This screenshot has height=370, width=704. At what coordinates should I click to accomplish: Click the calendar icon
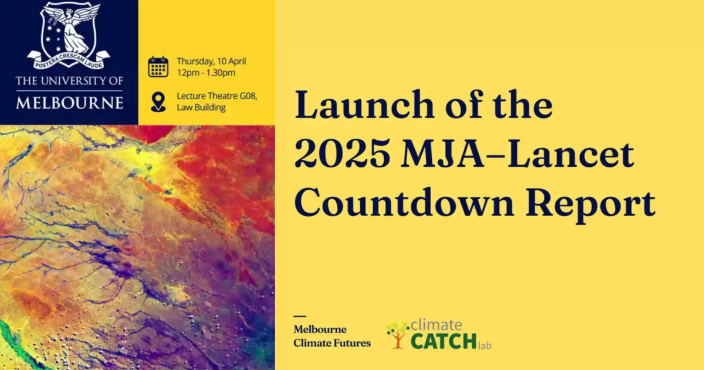tap(158, 67)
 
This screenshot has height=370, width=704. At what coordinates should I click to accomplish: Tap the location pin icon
tap(158, 102)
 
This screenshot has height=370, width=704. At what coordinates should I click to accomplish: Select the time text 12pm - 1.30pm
tap(206, 73)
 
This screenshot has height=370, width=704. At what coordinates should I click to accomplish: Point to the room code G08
tap(248, 96)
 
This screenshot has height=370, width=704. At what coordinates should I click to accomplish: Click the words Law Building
tap(201, 107)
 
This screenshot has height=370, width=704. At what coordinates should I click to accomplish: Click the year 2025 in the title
tap(343, 153)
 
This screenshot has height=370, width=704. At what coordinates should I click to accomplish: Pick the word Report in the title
tap(591, 204)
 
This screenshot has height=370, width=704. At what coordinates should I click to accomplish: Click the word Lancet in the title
tap(571, 153)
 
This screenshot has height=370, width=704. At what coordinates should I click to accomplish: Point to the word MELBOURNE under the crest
tap(69, 103)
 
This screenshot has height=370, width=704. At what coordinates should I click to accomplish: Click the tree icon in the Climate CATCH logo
tap(398, 334)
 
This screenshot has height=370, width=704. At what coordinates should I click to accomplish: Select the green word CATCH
tap(444, 341)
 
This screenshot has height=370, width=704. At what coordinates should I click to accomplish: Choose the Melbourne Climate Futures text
tap(332, 336)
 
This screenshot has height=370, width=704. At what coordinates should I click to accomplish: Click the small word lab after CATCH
tap(485, 345)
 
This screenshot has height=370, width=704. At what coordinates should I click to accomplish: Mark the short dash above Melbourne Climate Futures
tap(300, 316)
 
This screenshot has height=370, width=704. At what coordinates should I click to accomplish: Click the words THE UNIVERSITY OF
tap(69, 81)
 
